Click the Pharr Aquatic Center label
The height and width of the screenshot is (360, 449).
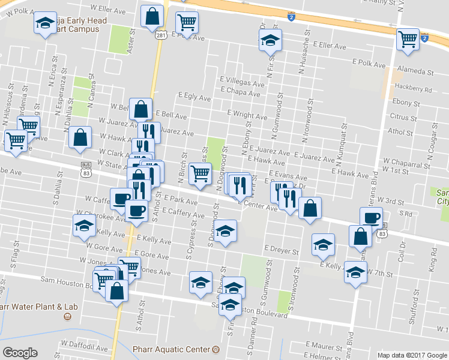point(175,349)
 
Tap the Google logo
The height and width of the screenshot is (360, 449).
point(20,353)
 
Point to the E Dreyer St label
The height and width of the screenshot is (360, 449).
point(281,248)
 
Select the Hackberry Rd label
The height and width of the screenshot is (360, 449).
point(414,87)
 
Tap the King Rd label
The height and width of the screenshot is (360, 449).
point(433,260)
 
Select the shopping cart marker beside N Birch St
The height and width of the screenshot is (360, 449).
point(200,173)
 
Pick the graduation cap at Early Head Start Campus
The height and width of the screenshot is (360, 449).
point(44,24)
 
